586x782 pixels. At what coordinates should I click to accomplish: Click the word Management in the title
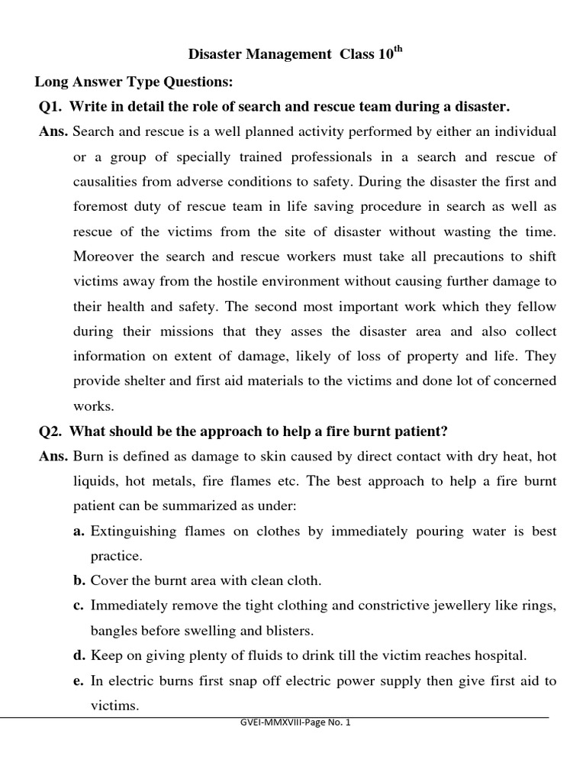pyautogui.click(x=279, y=55)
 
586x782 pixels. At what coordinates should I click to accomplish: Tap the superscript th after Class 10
pyautogui.click(x=397, y=50)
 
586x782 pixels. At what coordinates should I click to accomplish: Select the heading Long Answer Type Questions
pyautogui.click(x=133, y=81)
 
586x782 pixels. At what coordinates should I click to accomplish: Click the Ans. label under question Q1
pyautogui.click(x=53, y=131)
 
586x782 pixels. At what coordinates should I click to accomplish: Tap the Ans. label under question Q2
pyautogui.click(x=53, y=456)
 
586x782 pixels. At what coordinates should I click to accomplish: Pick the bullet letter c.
pyautogui.click(x=79, y=606)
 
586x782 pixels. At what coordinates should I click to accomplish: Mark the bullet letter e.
pyautogui.click(x=79, y=680)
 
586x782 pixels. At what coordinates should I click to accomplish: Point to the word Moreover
pyautogui.click(x=104, y=256)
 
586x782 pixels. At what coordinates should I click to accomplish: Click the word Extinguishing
pyautogui.click(x=134, y=531)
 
